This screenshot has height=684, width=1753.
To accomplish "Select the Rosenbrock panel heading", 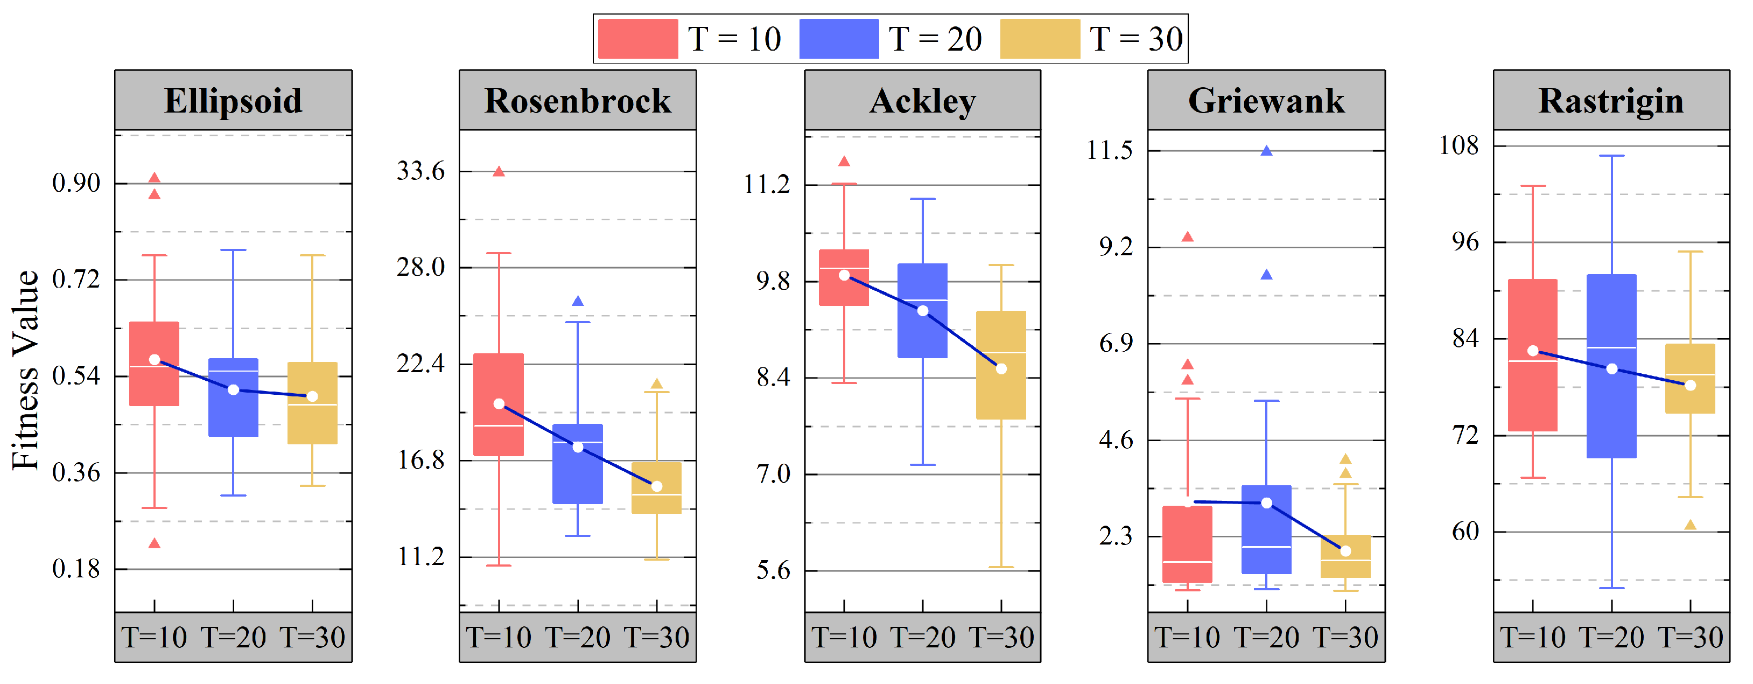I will [577, 101].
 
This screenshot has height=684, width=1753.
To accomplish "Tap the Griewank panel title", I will [1266, 101].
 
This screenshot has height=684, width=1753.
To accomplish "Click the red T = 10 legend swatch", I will [637, 39].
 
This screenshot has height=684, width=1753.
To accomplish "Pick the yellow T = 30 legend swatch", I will [1039, 39].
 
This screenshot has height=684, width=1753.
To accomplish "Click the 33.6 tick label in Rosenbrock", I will [420, 171].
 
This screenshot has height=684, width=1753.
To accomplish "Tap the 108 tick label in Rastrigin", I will [1459, 145].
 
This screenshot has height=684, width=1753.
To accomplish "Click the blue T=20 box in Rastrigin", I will [1611, 408].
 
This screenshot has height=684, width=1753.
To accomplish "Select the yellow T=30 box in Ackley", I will [1000, 395].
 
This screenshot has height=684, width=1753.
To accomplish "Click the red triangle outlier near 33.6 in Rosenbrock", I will [498, 171].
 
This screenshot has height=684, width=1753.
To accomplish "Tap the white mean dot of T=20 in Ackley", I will [922, 311].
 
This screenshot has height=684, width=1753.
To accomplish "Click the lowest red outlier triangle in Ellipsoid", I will [155, 543].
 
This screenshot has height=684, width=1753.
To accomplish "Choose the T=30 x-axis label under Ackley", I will [1000, 638].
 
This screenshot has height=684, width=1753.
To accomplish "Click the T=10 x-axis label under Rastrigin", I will [1532, 638].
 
